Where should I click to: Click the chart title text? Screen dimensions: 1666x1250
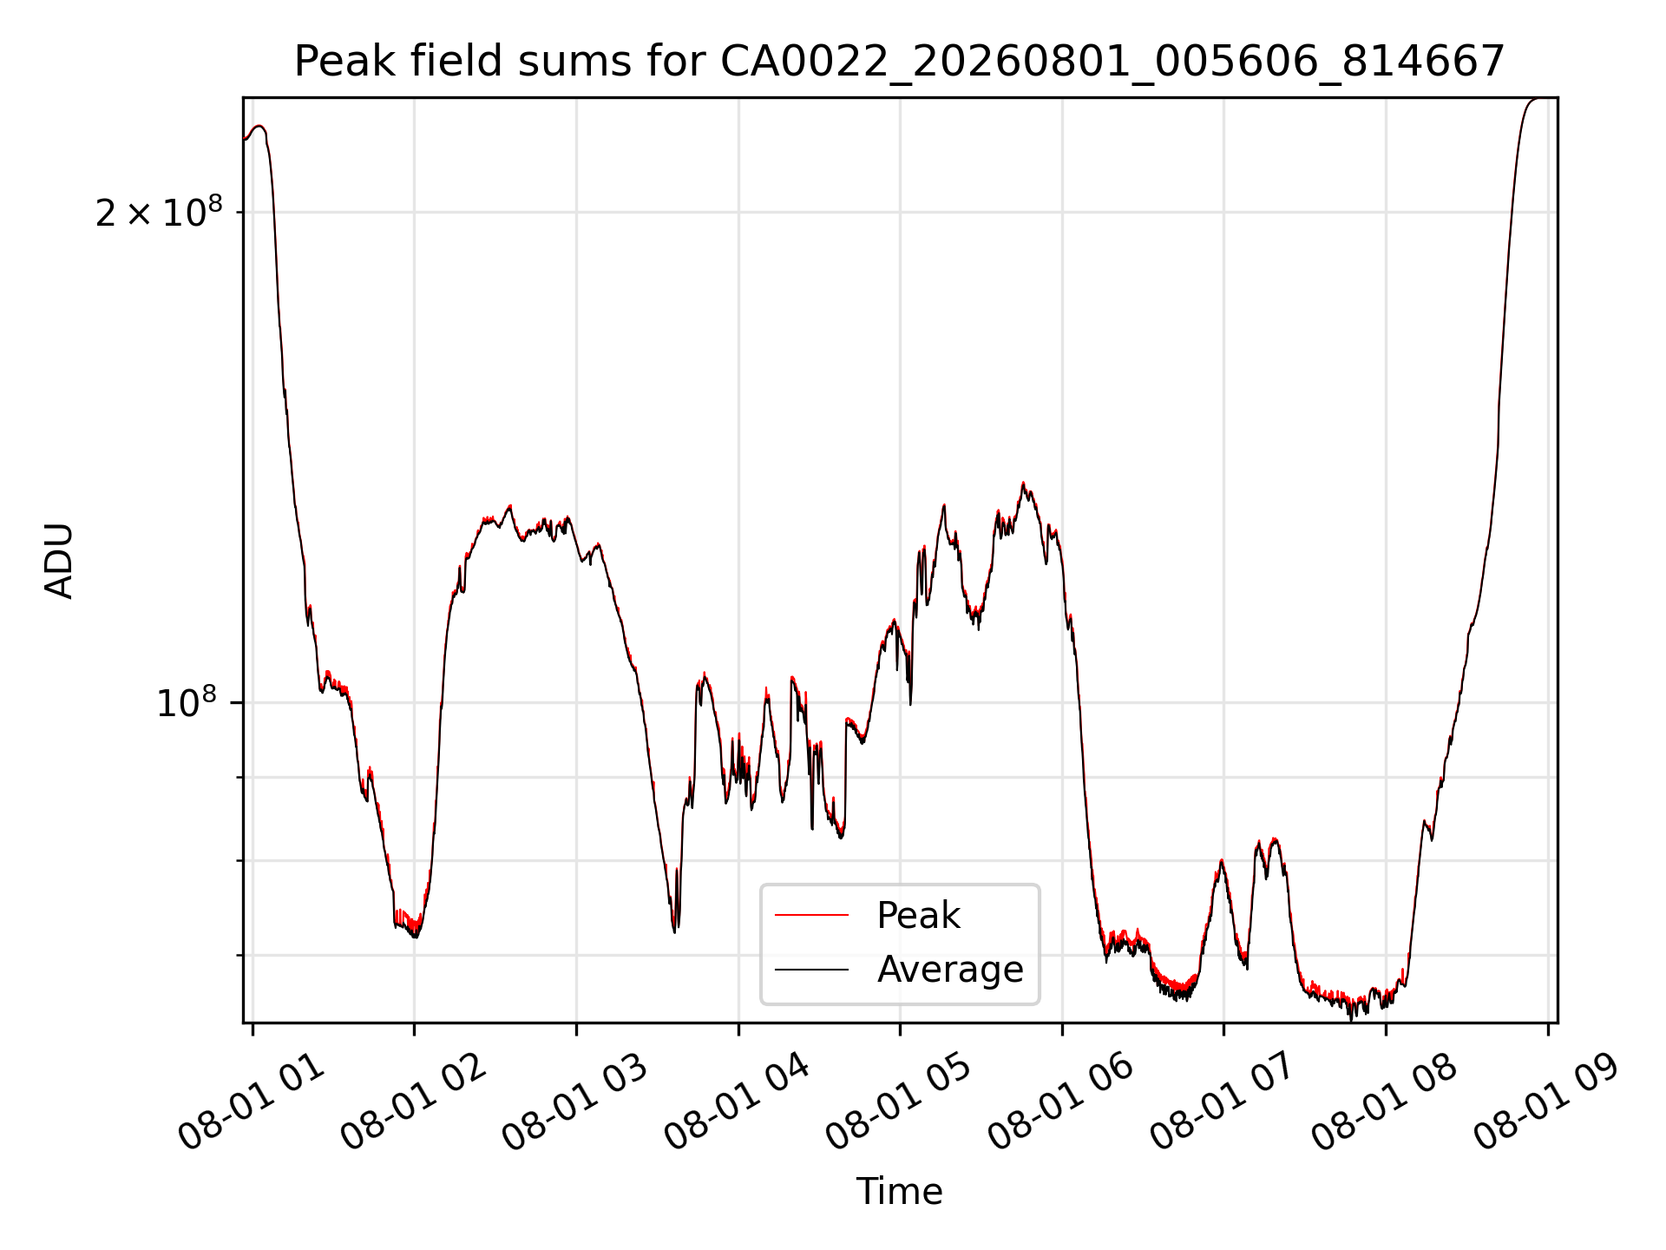tap(900, 62)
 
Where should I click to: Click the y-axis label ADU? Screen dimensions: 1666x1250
tap(59, 561)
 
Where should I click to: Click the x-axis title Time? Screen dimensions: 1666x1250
tap(900, 1191)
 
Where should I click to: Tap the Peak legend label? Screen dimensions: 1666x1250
tap(918, 916)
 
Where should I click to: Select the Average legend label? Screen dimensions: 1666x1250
tap(950, 969)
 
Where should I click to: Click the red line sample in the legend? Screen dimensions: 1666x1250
tap(811, 915)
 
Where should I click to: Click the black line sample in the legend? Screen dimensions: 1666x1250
tap(811, 969)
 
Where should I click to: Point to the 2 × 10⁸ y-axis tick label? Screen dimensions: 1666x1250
tap(159, 211)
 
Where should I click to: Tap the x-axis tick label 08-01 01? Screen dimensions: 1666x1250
tap(252, 1104)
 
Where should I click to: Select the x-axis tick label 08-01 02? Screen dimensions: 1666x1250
tap(414, 1104)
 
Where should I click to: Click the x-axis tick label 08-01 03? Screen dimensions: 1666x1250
tap(576, 1104)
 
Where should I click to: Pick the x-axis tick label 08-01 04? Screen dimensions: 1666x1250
tap(738, 1104)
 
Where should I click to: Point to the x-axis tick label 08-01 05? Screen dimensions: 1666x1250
tap(900, 1104)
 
